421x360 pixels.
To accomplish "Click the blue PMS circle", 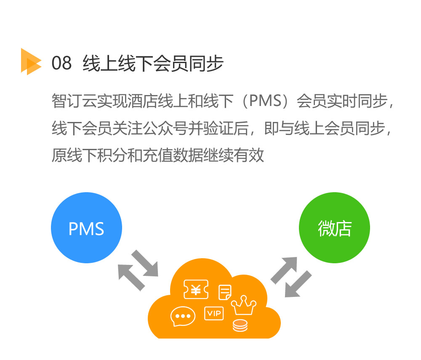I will click(x=86, y=228).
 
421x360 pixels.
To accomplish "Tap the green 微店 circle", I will click(x=334, y=228).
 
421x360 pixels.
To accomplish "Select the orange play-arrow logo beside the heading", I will click(x=31, y=62).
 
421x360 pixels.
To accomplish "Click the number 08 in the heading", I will click(x=61, y=64).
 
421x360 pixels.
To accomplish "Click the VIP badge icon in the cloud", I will click(x=214, y=313).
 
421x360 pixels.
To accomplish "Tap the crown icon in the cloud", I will click(x=243, y=306).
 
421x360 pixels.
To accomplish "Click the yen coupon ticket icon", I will click(x=196, y=290).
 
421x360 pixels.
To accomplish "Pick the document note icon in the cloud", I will click(x=225, y=292).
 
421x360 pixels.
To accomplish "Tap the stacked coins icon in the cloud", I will click(x=240, y=325).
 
